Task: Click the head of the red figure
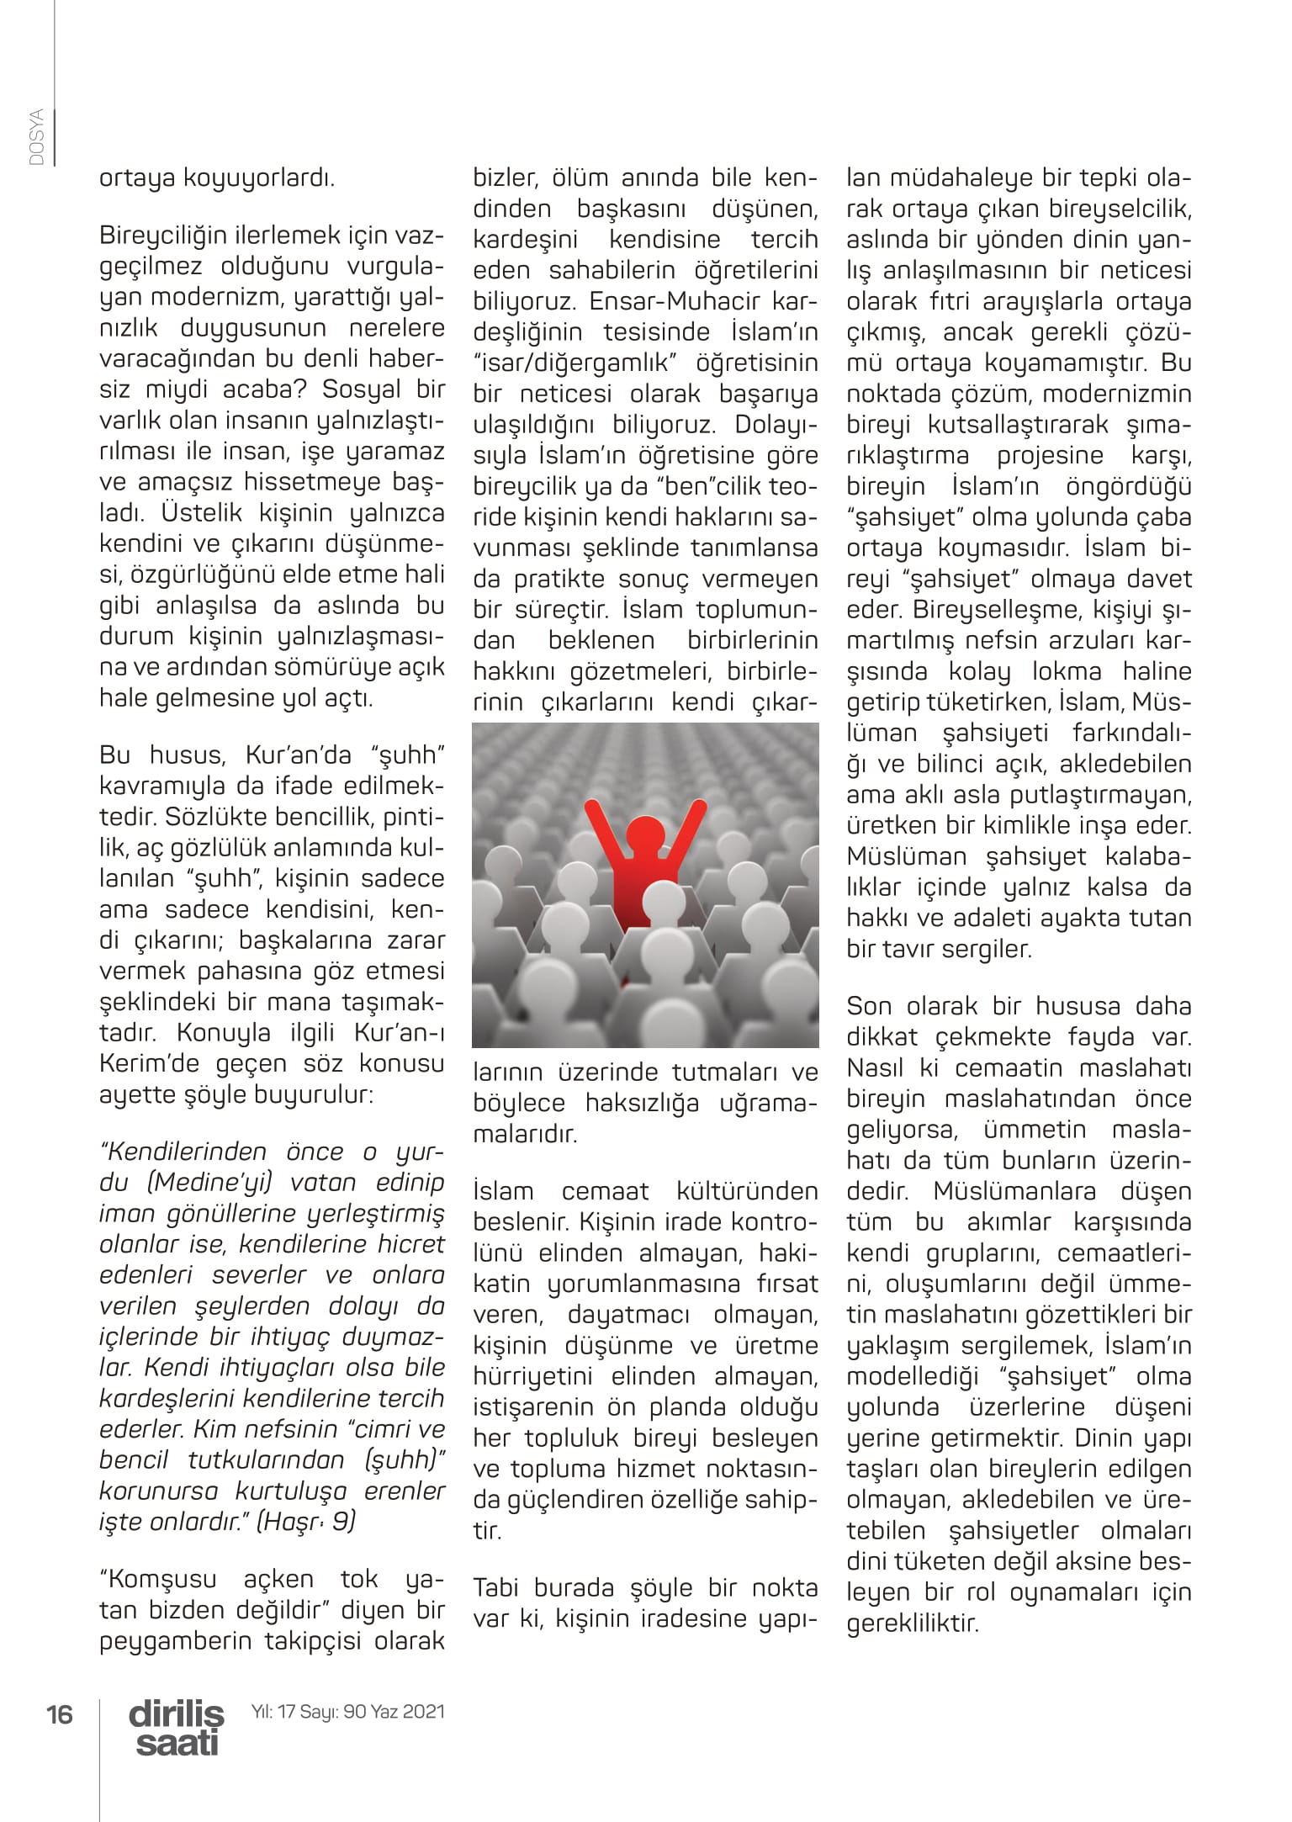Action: pos(647,833)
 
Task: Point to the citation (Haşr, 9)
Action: pos(305,1521)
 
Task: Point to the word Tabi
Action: pos(498,1588)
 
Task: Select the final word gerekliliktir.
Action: pos(913,1623)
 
